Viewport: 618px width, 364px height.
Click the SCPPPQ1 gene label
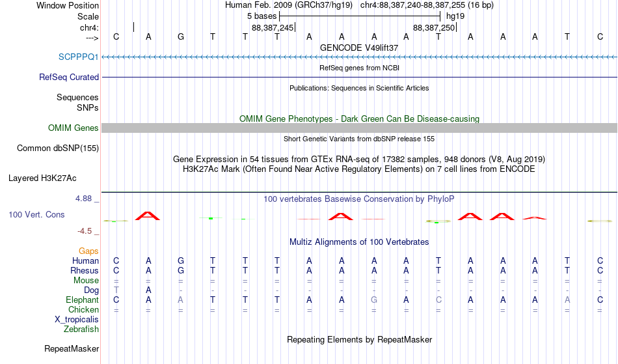[79, 57]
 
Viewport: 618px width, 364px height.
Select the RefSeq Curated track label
[69, 77]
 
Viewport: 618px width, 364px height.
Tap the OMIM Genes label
[74, 128]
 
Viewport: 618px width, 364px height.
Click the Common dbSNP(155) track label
[58, 148]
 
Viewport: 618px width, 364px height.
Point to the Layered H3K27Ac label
[42, 178]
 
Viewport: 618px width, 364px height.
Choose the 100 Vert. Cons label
[36, 214]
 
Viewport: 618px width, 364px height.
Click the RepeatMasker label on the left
[72, 348]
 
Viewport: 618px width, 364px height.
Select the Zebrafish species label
[81, 329]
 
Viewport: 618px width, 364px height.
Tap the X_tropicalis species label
[77, 320]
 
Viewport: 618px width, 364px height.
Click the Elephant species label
[82, 300]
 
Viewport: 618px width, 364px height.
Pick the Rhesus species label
[85, 270]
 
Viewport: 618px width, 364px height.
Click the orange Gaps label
[88, 251]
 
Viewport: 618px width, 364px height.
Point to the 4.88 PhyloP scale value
[83, 199]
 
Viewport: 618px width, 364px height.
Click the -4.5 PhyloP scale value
[85, 231]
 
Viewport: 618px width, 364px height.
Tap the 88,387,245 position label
[273, 27]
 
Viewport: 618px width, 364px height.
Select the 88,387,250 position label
[434, 27]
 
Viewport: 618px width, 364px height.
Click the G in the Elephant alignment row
[374, 300]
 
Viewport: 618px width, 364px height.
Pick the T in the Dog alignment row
[116, 290]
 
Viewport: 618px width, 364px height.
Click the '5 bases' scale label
[262, 16]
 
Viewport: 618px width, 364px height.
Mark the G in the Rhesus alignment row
[180, 270]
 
